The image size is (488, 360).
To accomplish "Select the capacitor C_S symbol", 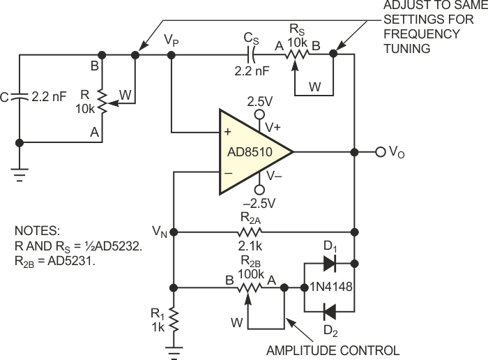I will [x=254, y=53].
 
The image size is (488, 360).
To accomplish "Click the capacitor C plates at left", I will [x=19, y=98].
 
